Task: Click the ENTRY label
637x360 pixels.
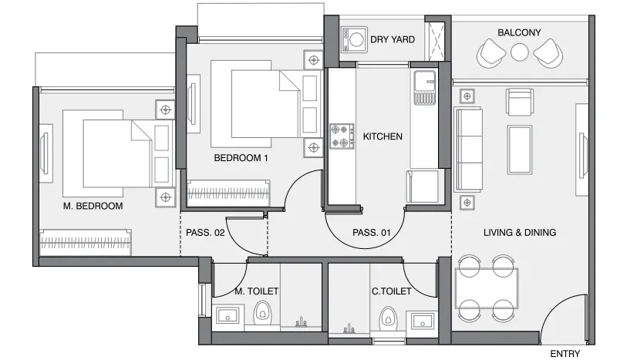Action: [x=565, y=354]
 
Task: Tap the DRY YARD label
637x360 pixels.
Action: [x=393, y=39]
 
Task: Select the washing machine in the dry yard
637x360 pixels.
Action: [x=354, y=40]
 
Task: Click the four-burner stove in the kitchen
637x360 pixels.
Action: [x=342, y=136]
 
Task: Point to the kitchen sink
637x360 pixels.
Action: [x=425, y=88]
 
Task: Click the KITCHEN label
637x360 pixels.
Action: [x=383, y=136]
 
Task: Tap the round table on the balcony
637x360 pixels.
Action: [x=519, y=52]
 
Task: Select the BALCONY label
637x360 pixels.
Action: [x=519, y=32]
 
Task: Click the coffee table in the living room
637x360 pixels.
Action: [x=520, y=150]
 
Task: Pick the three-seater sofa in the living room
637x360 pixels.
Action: [x=468, y=150]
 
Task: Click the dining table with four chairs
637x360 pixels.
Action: [x=487, y=288]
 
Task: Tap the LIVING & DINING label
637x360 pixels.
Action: [x=520, y=233]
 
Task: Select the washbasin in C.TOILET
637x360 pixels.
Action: [x=423, y=321]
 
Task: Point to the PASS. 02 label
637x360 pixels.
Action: [x=205, y=233]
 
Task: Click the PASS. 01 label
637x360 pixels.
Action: [x=371, y=233]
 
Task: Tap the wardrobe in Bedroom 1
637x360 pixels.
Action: [x=228, y=193]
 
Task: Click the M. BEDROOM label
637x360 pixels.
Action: [x=93, y=206]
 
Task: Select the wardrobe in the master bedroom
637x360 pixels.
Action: [x=86, y=243]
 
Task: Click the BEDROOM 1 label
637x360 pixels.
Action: [x=241, y=158]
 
